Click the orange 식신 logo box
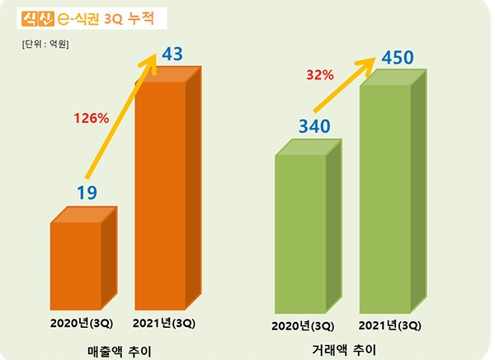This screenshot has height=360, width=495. point(38,17)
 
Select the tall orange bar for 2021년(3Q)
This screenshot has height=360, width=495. point(162,190)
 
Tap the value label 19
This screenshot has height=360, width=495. point(87,192)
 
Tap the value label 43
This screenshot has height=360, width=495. point(172,55)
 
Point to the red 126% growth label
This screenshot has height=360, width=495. point(92,118)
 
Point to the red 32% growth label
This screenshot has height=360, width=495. point(319,75)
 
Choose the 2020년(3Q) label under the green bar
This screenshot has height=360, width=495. point(303,325)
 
